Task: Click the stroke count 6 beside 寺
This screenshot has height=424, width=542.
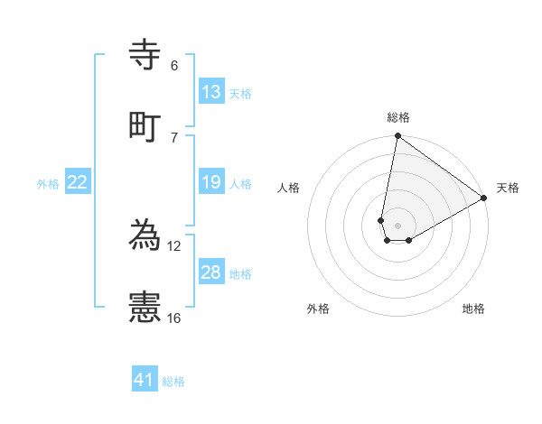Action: (x=174, y=66)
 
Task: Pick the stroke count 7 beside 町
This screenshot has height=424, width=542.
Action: (x=174, y=137)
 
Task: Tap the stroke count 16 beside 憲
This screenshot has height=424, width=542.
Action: (x=174, y=318)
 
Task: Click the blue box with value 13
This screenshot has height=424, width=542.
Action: (x=211, y=91)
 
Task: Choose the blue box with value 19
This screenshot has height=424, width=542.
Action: (x=211, y=182)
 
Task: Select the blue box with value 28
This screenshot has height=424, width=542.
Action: (x=211, y=272)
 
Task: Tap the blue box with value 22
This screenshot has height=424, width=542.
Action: (x=78, y=182)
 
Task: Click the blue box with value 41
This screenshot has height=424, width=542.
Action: (x=145, y=380)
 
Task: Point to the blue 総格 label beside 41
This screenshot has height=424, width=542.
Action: (x=173, y=382)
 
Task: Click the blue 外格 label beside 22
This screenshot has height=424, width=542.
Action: (x=48, y=184)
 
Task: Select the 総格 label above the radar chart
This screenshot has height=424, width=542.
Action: (x=398, y=117)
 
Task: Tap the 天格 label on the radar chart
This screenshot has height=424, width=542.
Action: (x=508, y=188)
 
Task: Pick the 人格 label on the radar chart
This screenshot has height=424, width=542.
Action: (x=289, y=188)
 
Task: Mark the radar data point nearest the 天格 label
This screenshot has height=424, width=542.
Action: (x=484, y=198)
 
